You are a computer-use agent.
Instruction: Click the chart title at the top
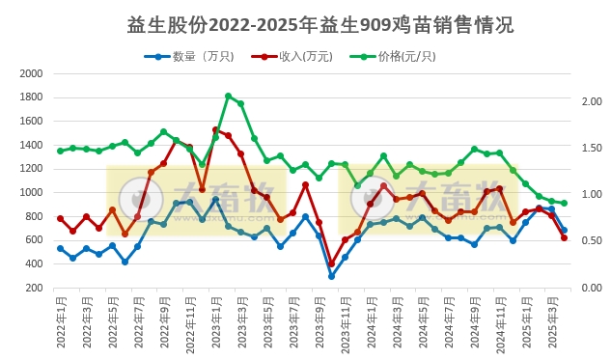tap(305, 24)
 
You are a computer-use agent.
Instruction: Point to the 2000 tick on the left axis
tap(32, 73)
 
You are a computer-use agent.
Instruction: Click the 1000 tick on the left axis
tap(32, 192)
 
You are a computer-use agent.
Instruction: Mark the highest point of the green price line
tap(228, 96)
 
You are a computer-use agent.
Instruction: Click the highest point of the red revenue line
tap(215, 129)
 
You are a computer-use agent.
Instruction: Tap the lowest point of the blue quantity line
tap(331, 276)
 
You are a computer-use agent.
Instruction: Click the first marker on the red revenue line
tap(60, 218)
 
